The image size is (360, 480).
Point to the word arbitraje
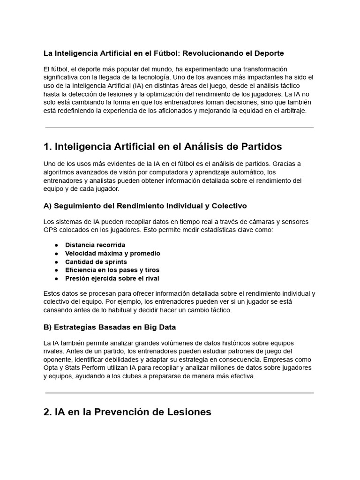click(291, 111)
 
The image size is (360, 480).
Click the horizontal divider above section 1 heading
click(180, 127)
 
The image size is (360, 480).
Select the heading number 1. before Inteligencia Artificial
click(47, 147)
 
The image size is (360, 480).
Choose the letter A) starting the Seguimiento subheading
click(47, 206)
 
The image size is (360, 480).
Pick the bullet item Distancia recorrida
click(95, 245)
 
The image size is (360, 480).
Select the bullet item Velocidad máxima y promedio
click(112, 253)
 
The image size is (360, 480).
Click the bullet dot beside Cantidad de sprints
click(56, 262)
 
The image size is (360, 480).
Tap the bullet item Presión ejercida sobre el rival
click(112, 278)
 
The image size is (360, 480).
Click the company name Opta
click(51, 368)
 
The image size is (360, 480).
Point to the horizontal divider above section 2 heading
click(180, 393)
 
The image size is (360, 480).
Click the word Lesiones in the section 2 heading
click(190, 412)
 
